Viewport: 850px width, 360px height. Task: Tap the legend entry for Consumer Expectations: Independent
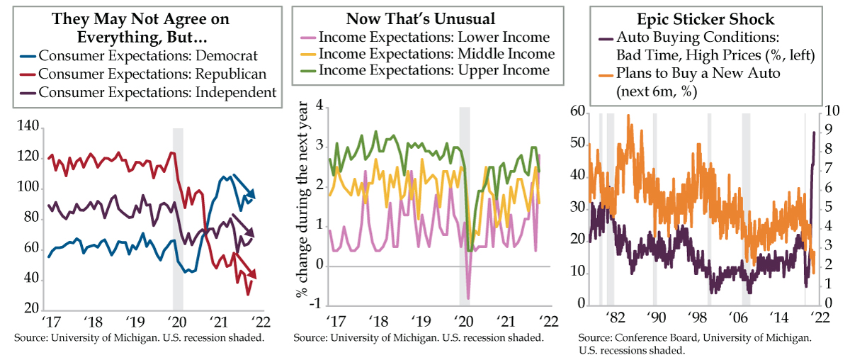coord(157,91)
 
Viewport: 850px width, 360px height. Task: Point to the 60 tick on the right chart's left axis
coord(578,111)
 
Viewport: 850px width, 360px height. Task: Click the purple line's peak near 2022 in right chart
coord(814,132)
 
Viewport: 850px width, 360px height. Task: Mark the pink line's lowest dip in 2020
coord(467,298)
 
